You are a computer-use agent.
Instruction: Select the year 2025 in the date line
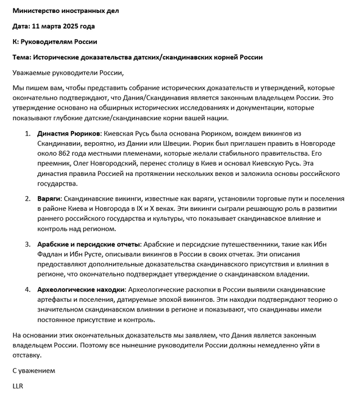pyautogui.click(x=72, y=26)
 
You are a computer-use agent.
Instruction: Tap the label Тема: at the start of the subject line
pyautogui.click(x=22, y=57)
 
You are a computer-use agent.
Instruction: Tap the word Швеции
pyautogui.click(x=165, y=143)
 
